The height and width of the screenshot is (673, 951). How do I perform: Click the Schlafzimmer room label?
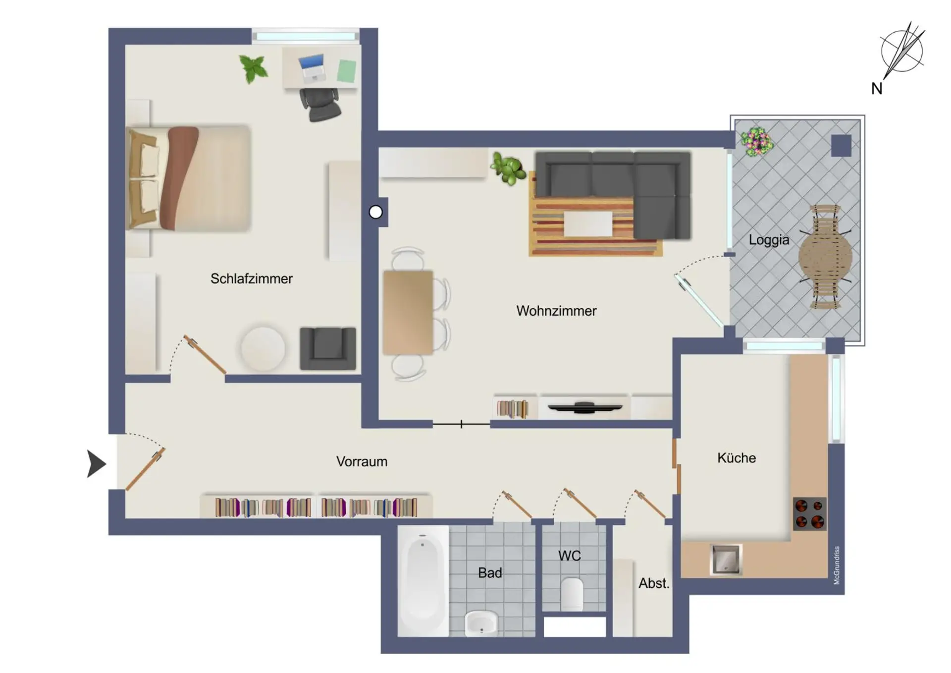pos(251,279)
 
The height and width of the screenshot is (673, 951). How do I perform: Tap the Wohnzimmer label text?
pos(556,311)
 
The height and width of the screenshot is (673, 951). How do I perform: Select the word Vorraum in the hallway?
pos(362,461)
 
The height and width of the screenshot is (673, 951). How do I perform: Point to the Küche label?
pos(737,457)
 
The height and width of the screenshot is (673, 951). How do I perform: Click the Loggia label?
pos(769,240)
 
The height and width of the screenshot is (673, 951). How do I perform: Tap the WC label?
pos(570,556)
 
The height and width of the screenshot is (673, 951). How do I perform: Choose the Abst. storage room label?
pos(654,583)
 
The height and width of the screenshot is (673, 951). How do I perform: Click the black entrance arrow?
pos(96,464)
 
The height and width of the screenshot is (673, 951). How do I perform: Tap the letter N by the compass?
pos(877,89)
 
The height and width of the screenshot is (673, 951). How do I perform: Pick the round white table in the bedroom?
pos(263,348)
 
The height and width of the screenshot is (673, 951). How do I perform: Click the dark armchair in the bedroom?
pos(328,348)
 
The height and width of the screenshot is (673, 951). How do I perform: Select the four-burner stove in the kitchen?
pos(810,514)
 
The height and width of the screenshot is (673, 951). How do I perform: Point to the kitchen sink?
pos(726,560)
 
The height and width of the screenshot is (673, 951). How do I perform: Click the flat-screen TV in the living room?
pos(584,407)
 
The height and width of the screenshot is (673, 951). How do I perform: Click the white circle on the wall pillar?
pos(376,212)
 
